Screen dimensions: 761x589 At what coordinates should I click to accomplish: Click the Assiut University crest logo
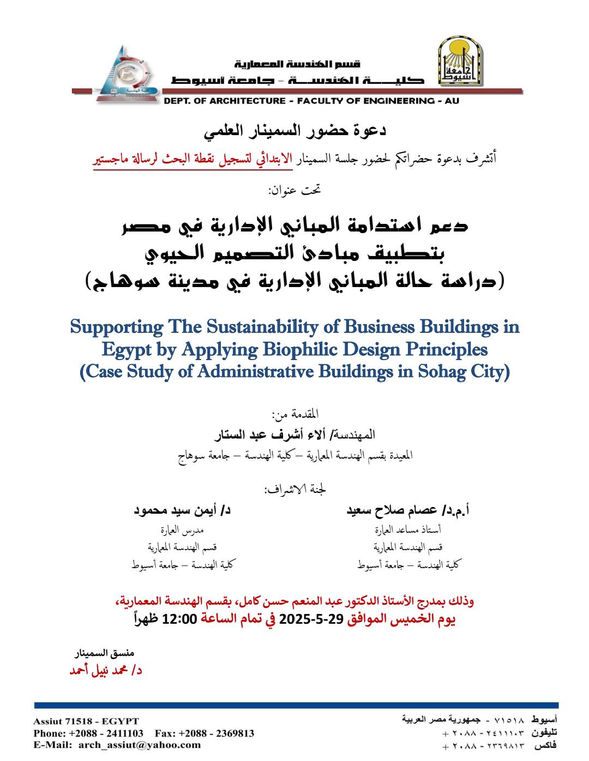point(460,61)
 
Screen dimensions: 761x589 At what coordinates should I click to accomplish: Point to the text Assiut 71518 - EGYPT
point(86,721)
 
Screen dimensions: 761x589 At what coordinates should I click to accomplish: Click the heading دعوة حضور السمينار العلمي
point(295,131)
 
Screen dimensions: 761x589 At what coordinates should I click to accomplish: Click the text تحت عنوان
point(294,190)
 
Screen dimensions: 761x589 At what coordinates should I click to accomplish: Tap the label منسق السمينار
point(104,653)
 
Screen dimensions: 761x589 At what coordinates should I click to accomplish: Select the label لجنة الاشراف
point(295,489)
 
